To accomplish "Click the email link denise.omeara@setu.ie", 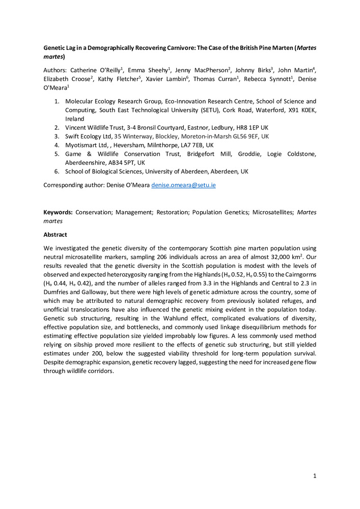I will (183, 185).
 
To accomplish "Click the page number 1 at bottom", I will (315, 475).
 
